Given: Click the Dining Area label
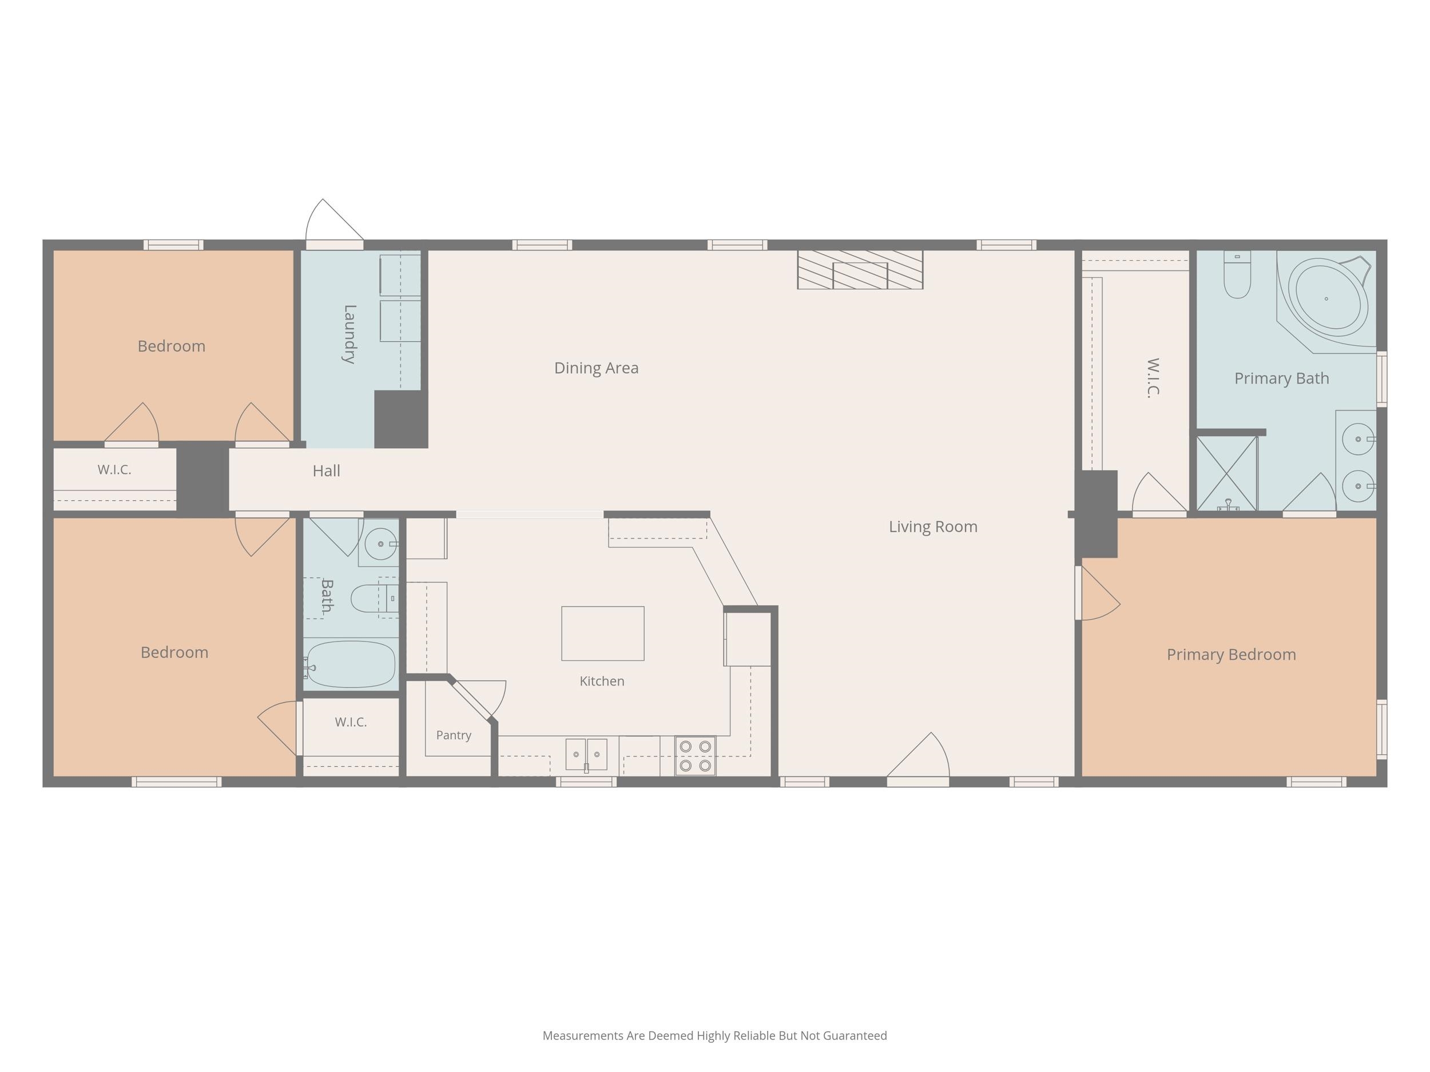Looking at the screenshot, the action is pyautogui.click(x=596, y=368).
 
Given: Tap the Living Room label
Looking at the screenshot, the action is pyautogui.click(x=933, y=527).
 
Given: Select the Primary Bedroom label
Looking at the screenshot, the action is pyautogui.click(x=1231, y=655).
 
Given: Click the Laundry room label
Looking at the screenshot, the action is pyautogui.click(x=349, y=334).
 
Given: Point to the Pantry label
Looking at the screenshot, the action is pyautogui.click(x=453, y=735).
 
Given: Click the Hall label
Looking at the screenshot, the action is pyautogui.click(x=327, y=471).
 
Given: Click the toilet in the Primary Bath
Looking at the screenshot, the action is pyautogui.click(x=1237, y=274).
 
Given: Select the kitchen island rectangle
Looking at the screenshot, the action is pyautogui.click(x=602, y=633).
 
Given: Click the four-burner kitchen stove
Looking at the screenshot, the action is pyautogui.click(x=695, y=755).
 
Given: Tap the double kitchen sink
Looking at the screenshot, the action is pyautogui.click(x=586, y=755).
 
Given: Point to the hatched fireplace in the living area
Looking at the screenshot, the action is pyautogui.click(x=860, y=269).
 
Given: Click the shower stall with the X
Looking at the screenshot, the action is pyautogui.click(x=1226, y=473).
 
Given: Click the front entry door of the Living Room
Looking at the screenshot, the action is pyautogui.click(x=918, y=759).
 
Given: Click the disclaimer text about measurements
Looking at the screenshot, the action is pyautogui.click(x=714, y=1036).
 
